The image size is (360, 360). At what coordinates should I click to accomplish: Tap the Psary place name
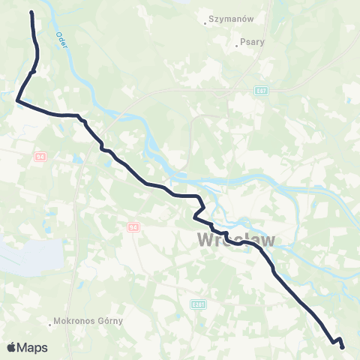(x=249, y=43)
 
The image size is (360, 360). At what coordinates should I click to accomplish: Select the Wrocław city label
(x=235, y=239)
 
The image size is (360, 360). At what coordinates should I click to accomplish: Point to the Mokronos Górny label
(x=88, y=324)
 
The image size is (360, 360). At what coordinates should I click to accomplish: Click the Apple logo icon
(x=12, y=347)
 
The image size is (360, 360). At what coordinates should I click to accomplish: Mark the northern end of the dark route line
(x=31, y=13)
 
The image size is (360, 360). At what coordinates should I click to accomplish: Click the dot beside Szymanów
(x=205, y=22)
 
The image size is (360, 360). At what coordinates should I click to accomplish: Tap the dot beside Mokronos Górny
(x=50, y=325)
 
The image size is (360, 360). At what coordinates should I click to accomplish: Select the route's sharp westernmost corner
(x=16, y=100)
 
